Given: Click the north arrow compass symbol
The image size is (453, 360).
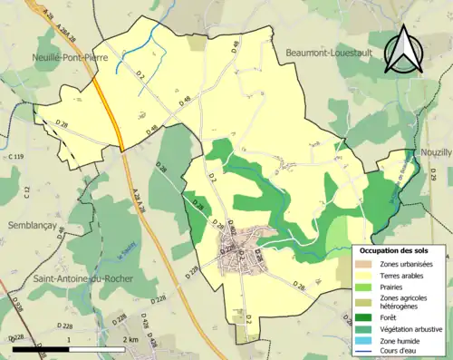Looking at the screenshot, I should point(404,51).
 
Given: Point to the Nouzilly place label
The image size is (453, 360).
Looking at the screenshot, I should point(435,153).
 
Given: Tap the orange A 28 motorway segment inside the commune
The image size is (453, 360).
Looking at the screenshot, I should point(108,112).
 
